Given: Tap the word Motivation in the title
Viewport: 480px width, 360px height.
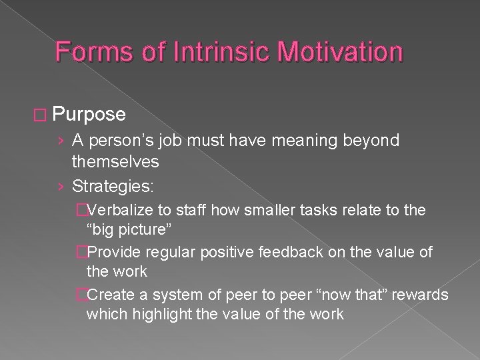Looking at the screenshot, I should pyautogui.click(x=332, y=52).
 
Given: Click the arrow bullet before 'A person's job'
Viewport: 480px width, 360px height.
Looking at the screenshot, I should pyautogui.click(x=61, y=141).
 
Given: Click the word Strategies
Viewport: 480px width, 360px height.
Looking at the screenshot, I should pyautogui.click(x=112, y=184).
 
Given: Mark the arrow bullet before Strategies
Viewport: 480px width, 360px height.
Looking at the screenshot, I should pyautogui.click(x=61, y=185).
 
